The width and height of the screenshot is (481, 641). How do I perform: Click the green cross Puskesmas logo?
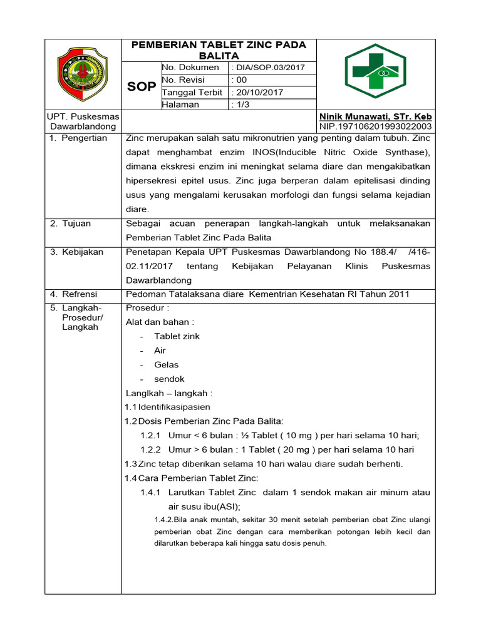tap(375, 75)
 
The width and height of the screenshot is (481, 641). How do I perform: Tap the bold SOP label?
tap(142, 86)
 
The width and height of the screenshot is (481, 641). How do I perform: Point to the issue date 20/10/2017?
tap(259, 92)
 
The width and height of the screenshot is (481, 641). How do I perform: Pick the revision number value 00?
tap(241, 79)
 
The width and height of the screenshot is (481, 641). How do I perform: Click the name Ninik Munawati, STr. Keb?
tap(375, 117)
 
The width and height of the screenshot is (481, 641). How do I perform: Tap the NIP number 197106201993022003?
tap(375, 126)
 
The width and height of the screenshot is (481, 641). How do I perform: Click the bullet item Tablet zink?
tap(177, 336)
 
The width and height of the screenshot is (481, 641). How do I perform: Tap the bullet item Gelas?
tap(167, 365)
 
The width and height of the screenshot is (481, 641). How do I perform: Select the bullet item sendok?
tap(170, 379)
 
